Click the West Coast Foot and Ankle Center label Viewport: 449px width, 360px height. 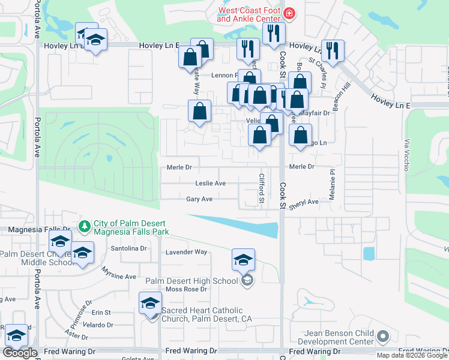pos(249,14)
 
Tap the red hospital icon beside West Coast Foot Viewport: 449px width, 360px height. pos(289,13)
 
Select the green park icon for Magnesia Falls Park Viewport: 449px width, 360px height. pos(85,226)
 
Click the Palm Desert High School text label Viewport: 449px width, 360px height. pos(191,281)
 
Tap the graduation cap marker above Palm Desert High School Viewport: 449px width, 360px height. pos(243,260)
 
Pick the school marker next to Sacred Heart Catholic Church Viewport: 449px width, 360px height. pos(151,304)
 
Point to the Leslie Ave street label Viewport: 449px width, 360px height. pos(210,184)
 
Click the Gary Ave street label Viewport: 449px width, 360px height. pos(199,199)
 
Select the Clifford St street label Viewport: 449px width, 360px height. pos(262,188)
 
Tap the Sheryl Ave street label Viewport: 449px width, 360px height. pos(304,202)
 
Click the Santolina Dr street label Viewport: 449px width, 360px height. pos(128,248)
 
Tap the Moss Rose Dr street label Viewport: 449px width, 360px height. pos(186,289)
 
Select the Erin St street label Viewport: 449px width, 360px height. pos(101,313)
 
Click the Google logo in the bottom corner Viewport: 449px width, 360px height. pos(20,353)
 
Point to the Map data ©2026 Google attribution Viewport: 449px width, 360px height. pos(412,355)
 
